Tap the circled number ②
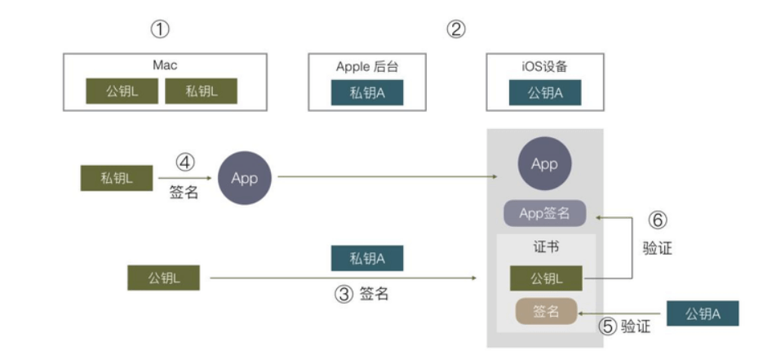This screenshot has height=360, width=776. pyautogui.click(x=456, y=29)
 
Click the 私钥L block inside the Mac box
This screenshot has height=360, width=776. pyautogui.click(x=201, y=91)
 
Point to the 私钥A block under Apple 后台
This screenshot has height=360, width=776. pyautogui.click(x=367, y=92)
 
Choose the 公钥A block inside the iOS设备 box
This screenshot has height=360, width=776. pyautogui.click(x=545, y=92)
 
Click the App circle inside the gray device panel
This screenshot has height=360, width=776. pyautogui.click(x=544, y=164)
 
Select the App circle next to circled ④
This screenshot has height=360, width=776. pyautogui.click(x=244, y=178)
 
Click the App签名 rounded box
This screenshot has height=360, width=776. pyautogui.click(x=544, y=214)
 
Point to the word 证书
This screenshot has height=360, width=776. pyautogui.click(x=544, y=247)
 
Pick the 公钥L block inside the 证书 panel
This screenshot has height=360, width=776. pyautogui.click(x=544, y=278)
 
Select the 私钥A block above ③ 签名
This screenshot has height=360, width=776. pyautogui.click(x=367, y=259)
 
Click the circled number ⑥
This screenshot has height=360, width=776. pyautogui.click(x=658, y=220)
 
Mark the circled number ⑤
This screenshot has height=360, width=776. pyautogui.click(x=608, y=327)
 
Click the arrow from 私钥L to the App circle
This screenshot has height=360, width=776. pyautogui.click(x=184, y=177)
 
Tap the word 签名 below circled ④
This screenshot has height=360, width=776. pyautogui.click(x=184, y=194)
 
